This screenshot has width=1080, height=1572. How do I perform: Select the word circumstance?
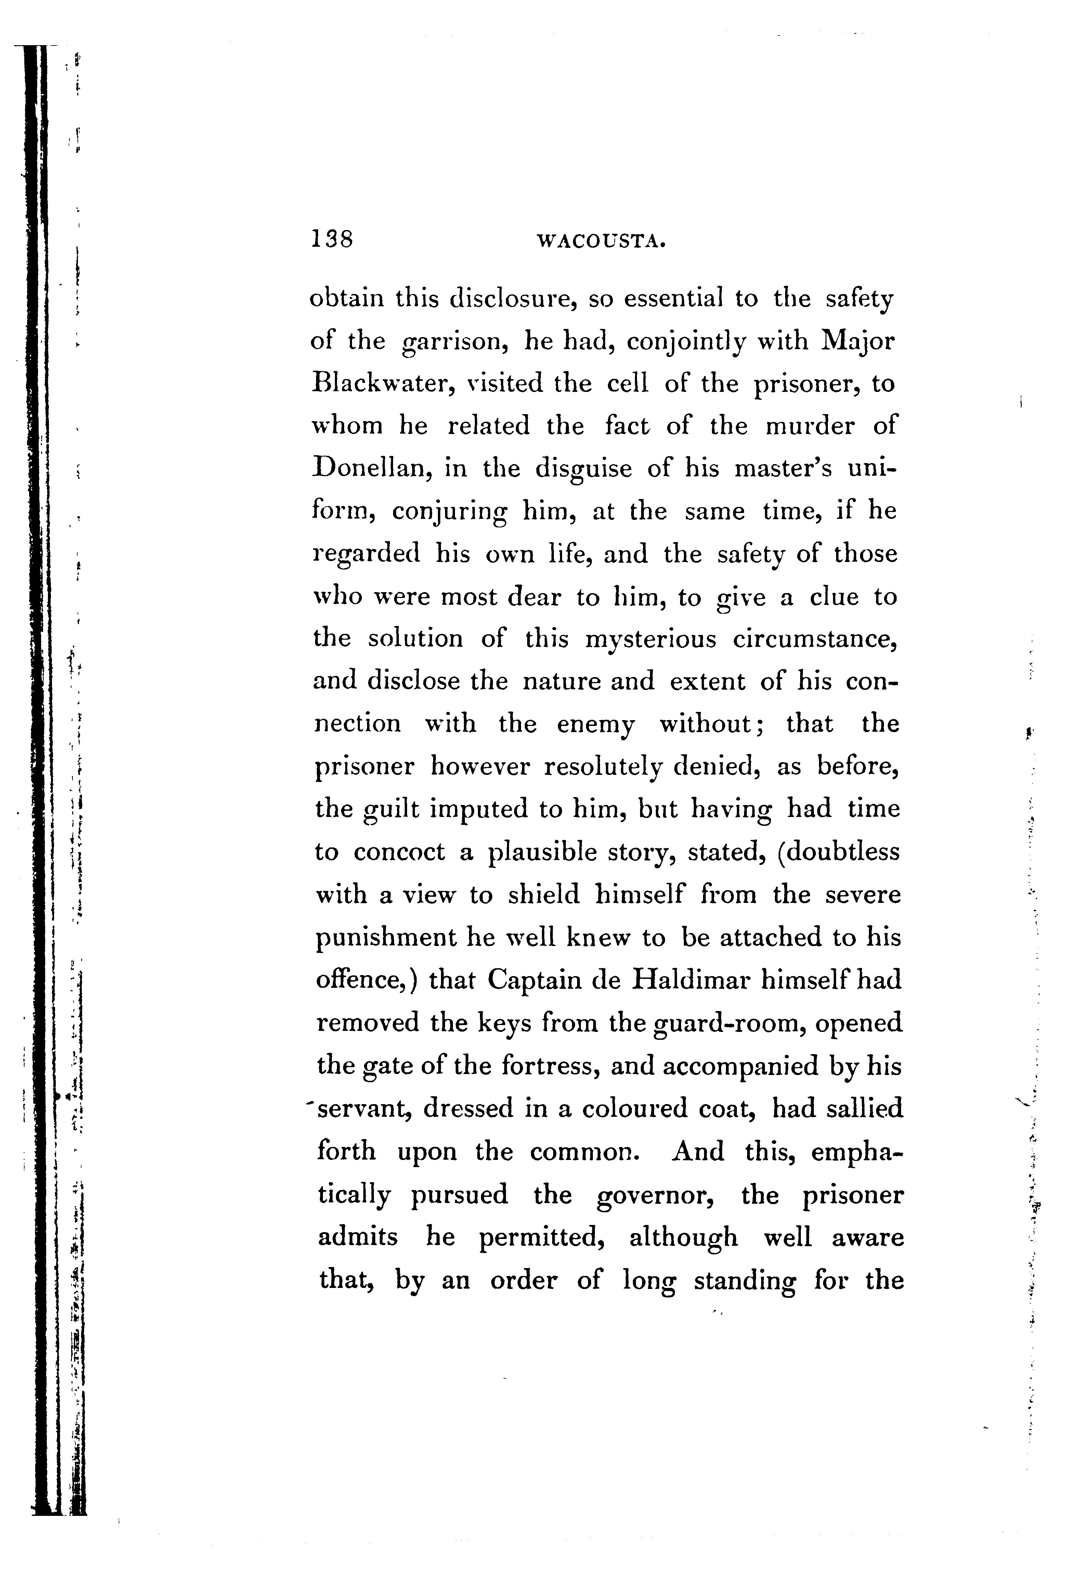tap(815, 639)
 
